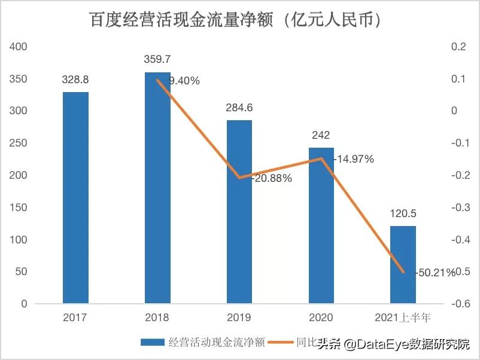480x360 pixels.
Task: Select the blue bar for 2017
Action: tap(75, 197)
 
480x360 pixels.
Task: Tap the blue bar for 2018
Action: tap(157, 188)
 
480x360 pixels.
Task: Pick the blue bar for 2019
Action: tap(239, 212)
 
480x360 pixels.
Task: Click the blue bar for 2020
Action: tap(321, 225)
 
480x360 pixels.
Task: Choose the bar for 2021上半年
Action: tap(403, 264)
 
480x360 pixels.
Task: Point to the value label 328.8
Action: tap(75, 80)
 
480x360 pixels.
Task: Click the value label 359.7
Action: tap(157, 59)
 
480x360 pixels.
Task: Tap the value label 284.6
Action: tap(239, 108)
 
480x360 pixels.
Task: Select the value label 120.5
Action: tap(403, 213)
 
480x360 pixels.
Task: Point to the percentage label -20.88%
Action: tap(271, 178)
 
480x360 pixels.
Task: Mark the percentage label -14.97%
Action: tap(353, 159)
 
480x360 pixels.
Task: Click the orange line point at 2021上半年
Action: tap(403, 272)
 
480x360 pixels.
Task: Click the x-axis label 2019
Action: tap(239, 317)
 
